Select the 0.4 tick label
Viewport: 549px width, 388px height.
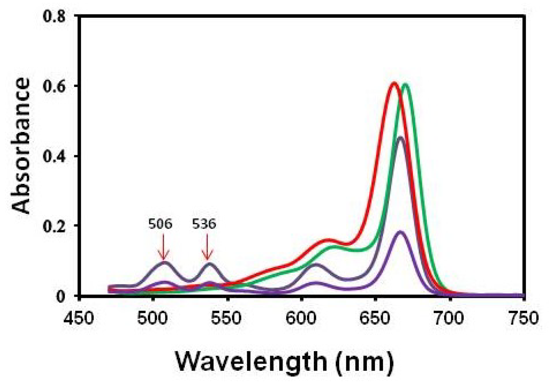54,156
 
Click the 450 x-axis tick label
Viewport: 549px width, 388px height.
79,318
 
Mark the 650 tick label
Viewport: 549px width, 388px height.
375,318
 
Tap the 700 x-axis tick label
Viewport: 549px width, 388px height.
449,318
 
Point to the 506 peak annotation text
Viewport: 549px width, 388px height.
160,224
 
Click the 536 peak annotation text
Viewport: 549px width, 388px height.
204,224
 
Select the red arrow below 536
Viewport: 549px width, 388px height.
207,247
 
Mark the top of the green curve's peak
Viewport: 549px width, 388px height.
405,85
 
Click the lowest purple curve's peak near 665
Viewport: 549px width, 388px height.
400,232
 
